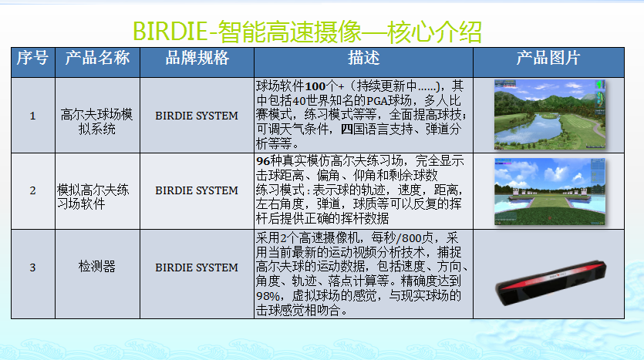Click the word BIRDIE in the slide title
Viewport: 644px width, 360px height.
[170, 31]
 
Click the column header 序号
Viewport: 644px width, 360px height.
[32, 58]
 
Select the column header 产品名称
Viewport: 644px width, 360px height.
[97, 58]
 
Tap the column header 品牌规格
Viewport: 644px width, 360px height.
[197, 58]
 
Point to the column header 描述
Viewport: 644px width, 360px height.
[363, 58]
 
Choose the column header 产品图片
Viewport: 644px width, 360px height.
[548, 58]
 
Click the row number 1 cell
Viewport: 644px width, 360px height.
[32, 116]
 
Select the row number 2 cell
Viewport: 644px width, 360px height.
[32, 190]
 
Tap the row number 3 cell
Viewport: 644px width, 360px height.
[32, 267]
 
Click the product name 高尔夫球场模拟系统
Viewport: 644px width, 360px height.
[97, 122]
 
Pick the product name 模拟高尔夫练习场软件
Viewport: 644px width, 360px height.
[93, 197]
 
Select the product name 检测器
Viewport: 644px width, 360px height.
[97, 267]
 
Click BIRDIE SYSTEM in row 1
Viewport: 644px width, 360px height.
[197, 116]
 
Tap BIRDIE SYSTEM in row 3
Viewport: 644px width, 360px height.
[197, 267]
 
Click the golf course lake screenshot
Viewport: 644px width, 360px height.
[550, 115]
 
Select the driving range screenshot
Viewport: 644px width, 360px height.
[550, 192]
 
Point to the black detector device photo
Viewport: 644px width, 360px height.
[551, 282]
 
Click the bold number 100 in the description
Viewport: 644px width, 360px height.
[315, 86]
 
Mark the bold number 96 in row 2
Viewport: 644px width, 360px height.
[263, 161]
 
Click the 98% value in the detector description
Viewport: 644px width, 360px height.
[268, 296]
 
